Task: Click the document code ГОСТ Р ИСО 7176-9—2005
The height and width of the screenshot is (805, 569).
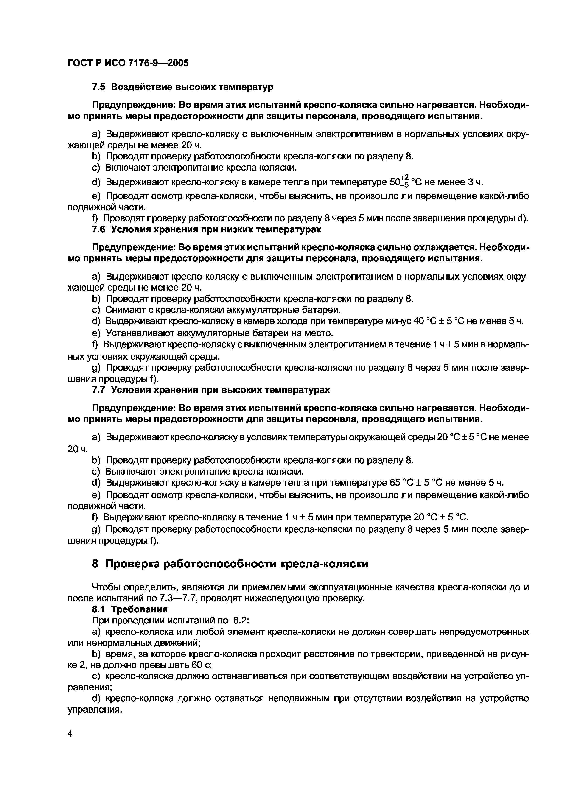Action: tap(128, 63)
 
